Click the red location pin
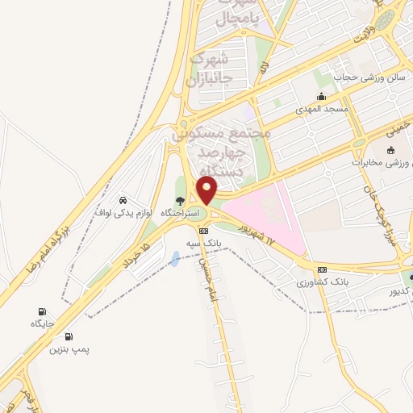207,190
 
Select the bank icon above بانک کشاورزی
323,269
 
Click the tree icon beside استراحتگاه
181,201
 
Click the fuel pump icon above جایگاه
42,312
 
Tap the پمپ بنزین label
67,349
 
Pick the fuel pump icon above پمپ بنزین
68,337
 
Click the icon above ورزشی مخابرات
391,150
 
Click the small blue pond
176,259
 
